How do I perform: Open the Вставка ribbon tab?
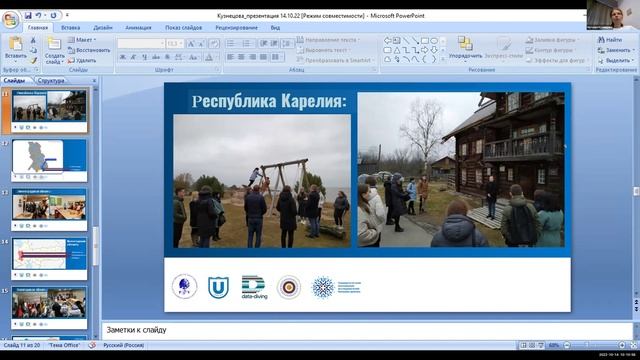click(70, 28)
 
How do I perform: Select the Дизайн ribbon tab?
click(102, 28)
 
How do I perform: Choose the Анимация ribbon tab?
click(138, 28)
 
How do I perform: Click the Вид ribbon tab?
click(275, 28)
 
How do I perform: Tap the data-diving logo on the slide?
click(253, 287)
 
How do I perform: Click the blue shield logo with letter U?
click(216, 287)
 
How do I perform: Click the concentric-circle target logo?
click(288, 287)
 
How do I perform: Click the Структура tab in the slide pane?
click(53, 80)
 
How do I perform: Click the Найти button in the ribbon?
click(612, 39)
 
